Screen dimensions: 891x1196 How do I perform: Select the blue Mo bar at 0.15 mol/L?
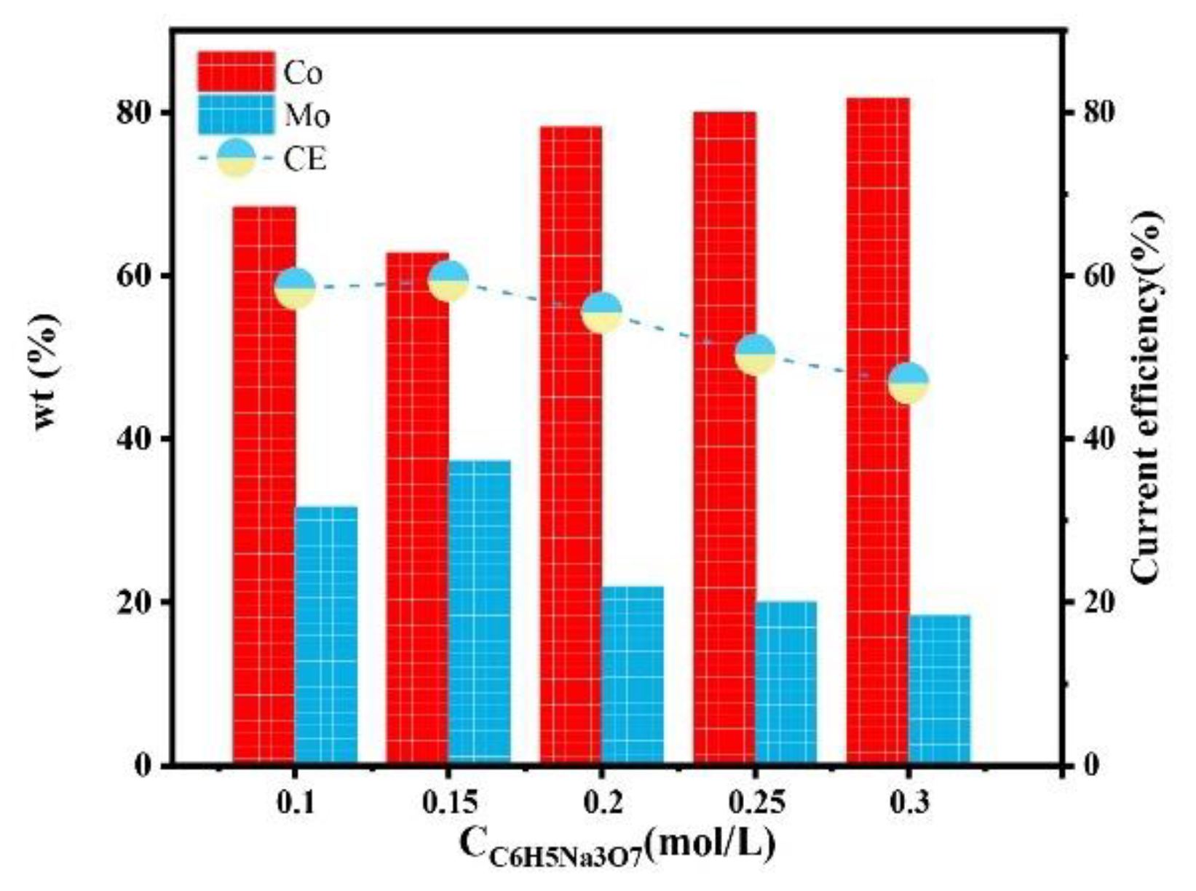tap(479, 612)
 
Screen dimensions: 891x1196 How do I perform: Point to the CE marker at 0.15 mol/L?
tap(448, 280)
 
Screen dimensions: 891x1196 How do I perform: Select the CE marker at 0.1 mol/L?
tap(295, 288)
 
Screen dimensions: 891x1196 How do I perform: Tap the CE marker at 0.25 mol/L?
tap(756, 355)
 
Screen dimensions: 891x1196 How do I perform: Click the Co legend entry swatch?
tap(236, 71)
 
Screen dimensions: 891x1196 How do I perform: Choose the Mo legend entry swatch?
tap(236, 115)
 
